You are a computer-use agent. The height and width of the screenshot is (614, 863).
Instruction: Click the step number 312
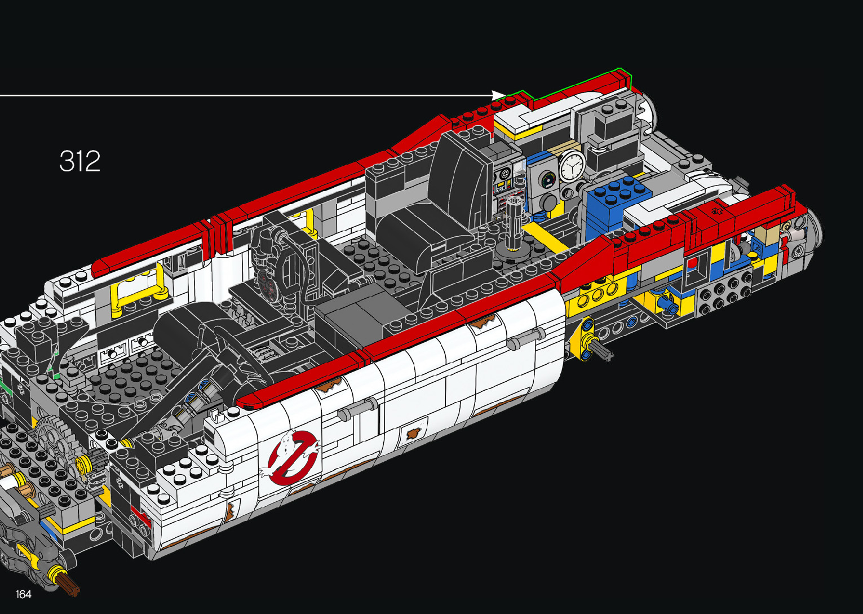pos(79,161)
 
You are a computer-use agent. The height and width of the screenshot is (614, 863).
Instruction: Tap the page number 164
pos(24,594)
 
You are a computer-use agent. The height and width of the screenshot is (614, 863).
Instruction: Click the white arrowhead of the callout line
pos(499,95)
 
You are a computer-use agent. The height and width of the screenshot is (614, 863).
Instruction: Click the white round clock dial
pos(572,166)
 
